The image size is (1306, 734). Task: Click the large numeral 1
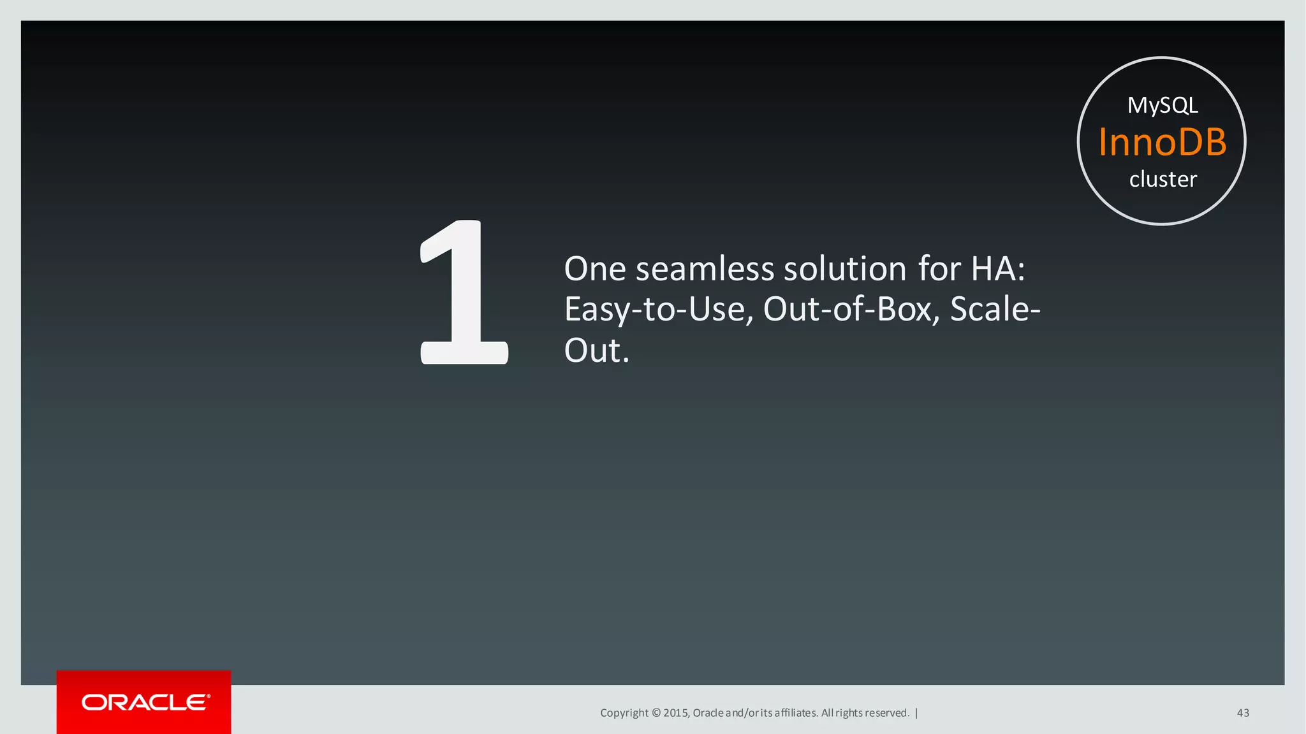pyautogui.click(x=464, y=293)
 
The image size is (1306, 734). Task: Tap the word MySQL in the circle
pyautogui.click(x=1163, y=105)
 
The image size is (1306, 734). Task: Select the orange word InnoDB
pyautogui.click(x=1163, y=141)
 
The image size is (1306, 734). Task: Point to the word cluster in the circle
pyautogui.click(x=1163, y=179)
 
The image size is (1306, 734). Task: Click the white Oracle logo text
pyautogui.click(x=145, y=702)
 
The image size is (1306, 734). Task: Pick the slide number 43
pyautogui.click(x=1243, y=713)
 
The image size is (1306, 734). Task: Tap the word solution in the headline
pyautogui.click(x=845, y=269)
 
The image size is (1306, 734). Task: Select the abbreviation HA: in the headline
pyautogui.click(x=998, y=269)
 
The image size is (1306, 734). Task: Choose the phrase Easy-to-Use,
pyautogui.click(x=658, y=310)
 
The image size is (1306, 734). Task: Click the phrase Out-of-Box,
pyautogui.click(x=851, y=310)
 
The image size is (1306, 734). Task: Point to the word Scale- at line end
pyautogui.click(x=995, y=310)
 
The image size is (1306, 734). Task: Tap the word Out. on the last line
pyautogui.click(x=597, y=350)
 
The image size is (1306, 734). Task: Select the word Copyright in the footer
pyautogui.click(x=624, y=713)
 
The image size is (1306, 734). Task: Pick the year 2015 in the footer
pyautogui.click(x=676, y=713)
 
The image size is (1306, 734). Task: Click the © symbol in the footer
pyautogui.click(x=656, y=713)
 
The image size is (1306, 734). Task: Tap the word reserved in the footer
pyautogui.click(x=886, y=713)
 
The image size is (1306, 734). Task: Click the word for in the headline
pyautogui.click(x=939, y=269)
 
